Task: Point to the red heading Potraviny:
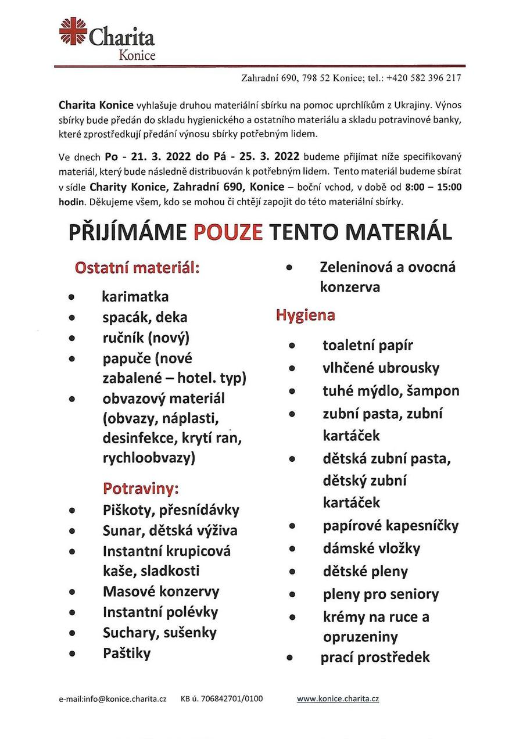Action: click(141, 488)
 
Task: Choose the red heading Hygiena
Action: click(305, 315)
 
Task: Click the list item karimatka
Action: click(135, 296)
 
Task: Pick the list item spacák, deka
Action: click(145, 317)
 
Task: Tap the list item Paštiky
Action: click(126, 653)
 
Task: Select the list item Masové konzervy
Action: click(161, 591)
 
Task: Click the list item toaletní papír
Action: click(367, 345)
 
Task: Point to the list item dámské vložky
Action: click(371, 548)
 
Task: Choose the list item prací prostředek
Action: click(375, 657)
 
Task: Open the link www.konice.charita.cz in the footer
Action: click(338, 699)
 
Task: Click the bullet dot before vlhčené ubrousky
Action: click(293, 369)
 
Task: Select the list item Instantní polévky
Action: click(160, 612)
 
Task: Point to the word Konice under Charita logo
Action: click(137, 56)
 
